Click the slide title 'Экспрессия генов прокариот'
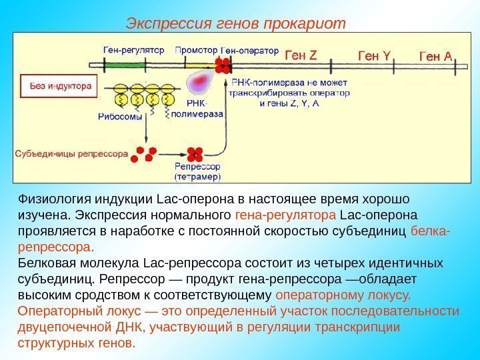click(x=236, y=25)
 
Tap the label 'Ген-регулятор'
click(x=133, y=50)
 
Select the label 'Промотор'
click(x=195, y=50)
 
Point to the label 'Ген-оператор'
click(x=249, y=50)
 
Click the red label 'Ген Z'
click(x=301, y=56)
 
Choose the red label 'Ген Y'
click(x=373, y=56)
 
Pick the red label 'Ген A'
click(x=434, y=56)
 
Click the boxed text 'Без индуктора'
click(x=59, y=87)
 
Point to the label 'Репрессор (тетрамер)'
click(x=197, y=172)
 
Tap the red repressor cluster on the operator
click(x=222, y=64)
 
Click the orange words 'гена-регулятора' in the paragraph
click(x=286, y=216)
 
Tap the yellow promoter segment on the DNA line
click(x=194, y=65)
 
